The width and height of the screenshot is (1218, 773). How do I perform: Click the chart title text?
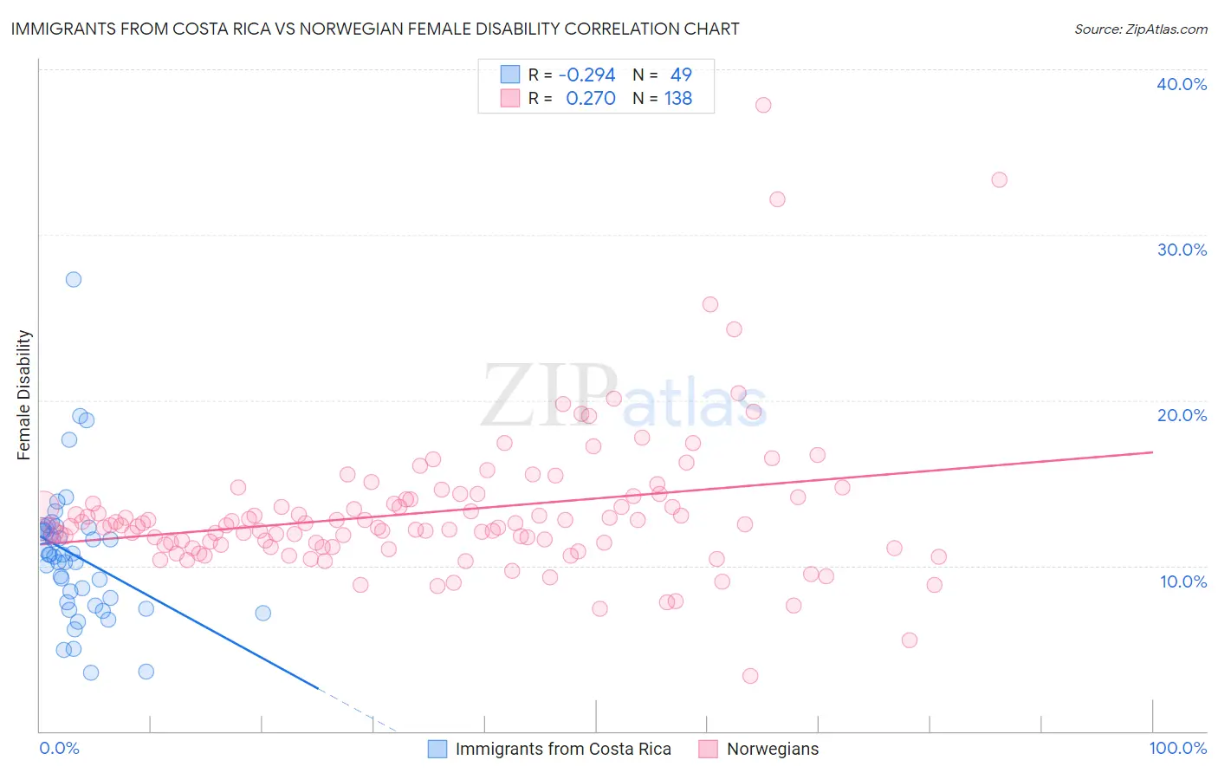point(375,29)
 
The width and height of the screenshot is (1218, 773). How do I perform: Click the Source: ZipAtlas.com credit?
point(1140,29)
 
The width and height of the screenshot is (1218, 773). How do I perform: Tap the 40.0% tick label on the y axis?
point(1181,84)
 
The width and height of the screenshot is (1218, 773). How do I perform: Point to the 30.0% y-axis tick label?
point(1181,250)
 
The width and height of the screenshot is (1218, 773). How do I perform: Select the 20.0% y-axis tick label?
point(1181,415)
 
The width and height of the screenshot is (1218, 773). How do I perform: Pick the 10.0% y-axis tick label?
point(1182,581)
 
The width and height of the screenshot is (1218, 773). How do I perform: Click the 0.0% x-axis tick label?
point(59,748)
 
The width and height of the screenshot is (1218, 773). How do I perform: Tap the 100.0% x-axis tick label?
point(1177,748)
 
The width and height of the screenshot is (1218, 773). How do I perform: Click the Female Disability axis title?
point(24,395)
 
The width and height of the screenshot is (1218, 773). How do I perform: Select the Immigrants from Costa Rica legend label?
point(563,750)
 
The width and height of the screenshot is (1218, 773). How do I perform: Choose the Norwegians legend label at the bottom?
point(772,750)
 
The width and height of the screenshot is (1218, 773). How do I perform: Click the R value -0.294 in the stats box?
point(586,75)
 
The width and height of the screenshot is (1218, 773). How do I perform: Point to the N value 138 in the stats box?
point(678,99)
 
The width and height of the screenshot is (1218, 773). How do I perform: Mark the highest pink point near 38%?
point(763,105)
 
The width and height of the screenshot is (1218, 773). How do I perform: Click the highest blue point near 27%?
point(74,279)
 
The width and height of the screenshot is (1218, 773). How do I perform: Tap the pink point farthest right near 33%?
point(999,180)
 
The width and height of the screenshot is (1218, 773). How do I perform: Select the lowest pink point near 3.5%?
point(750,676)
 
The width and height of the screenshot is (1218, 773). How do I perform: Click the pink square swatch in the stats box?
point(510,98)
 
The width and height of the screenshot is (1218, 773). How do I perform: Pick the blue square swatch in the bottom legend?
point(437,750)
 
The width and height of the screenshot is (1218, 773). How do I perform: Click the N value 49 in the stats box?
point(681,75)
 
